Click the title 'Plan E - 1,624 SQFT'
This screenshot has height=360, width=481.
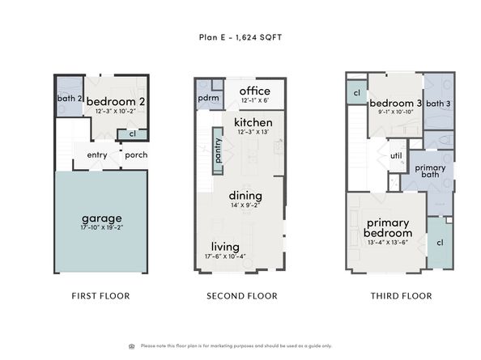(240, 36)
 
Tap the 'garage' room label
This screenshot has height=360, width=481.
(101, 218)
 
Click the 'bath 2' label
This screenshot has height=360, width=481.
(69, 99)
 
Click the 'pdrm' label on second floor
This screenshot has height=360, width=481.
(207, 97)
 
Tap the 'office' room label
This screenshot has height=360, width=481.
(254, 91)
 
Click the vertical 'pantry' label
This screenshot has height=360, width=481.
(218, 150)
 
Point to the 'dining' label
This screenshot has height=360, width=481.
(245, 195)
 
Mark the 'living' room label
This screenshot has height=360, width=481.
(224, 247)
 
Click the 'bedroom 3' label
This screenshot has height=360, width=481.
(395, 104)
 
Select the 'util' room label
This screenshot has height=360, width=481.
(396, 155)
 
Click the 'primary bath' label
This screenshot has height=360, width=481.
(429, 172)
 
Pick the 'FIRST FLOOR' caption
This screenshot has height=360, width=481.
(101, 296)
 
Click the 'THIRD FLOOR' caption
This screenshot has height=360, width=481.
(401, 296)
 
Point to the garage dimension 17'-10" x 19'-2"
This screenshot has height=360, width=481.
(101, 228)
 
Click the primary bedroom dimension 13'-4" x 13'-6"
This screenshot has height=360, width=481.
(388, 242)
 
